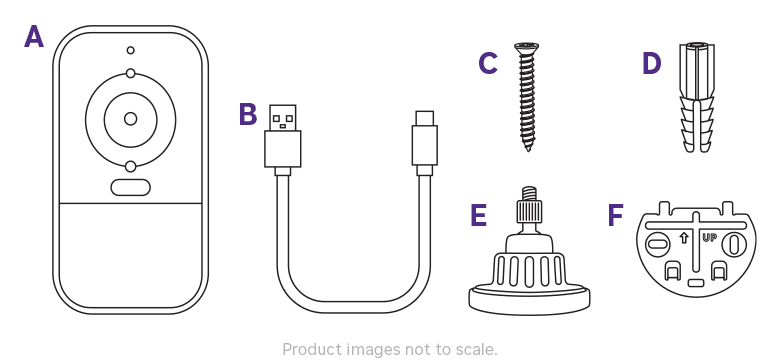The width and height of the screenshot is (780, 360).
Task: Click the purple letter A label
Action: (34, 38)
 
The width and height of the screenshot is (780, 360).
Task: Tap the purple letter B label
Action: (248, 115)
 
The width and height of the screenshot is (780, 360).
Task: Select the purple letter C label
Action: (488, 64)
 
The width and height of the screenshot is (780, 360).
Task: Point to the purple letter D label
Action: (652, 64)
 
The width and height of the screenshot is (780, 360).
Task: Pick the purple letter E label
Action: (479, 216)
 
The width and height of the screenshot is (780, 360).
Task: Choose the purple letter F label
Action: (616, 216)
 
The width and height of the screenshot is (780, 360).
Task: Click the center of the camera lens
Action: (130, 119)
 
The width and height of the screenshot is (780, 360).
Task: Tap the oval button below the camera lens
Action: (130, 187)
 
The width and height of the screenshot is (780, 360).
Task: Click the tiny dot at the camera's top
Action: (130, 50)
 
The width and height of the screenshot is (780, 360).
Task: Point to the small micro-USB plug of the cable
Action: (424, 140)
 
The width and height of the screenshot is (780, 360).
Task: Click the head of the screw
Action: (526, 46)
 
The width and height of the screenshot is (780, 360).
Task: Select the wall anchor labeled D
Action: (697, 98)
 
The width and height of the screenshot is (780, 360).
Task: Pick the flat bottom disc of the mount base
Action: (529, 297)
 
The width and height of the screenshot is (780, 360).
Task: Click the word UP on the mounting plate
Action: (709, 238)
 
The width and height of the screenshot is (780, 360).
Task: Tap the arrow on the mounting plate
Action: (683, 238)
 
